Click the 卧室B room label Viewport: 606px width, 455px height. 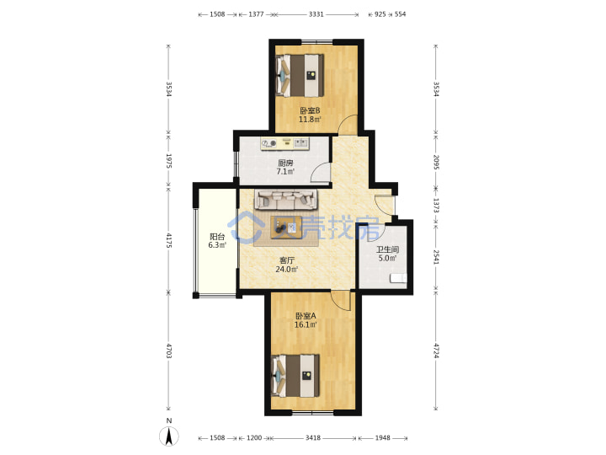pos(310,110)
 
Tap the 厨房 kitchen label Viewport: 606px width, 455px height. pos(285,163)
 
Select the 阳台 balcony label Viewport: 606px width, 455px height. pos(217,237)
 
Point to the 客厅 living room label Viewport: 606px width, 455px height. pos(287,260)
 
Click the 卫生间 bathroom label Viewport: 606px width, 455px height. pos(388,249)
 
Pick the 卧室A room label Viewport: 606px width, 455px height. pos(306,316)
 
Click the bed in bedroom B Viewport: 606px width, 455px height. pos(300,76)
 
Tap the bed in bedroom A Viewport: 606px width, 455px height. pos(295,376)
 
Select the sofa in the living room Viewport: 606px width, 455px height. pos(285,199)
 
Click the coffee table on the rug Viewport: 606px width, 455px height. pos(286,227)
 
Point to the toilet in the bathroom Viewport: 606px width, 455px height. pos(398,278)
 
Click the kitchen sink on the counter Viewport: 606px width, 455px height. pos(301,143)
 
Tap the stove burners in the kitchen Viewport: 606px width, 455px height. pos(269,143)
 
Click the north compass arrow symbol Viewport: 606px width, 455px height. pos(169,436)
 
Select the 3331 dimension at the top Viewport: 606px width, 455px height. pos(316,14)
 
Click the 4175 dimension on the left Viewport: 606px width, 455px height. pos(168,240)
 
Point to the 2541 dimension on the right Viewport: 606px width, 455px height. pos(436,257)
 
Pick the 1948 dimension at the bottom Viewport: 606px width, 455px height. pos(383,437)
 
